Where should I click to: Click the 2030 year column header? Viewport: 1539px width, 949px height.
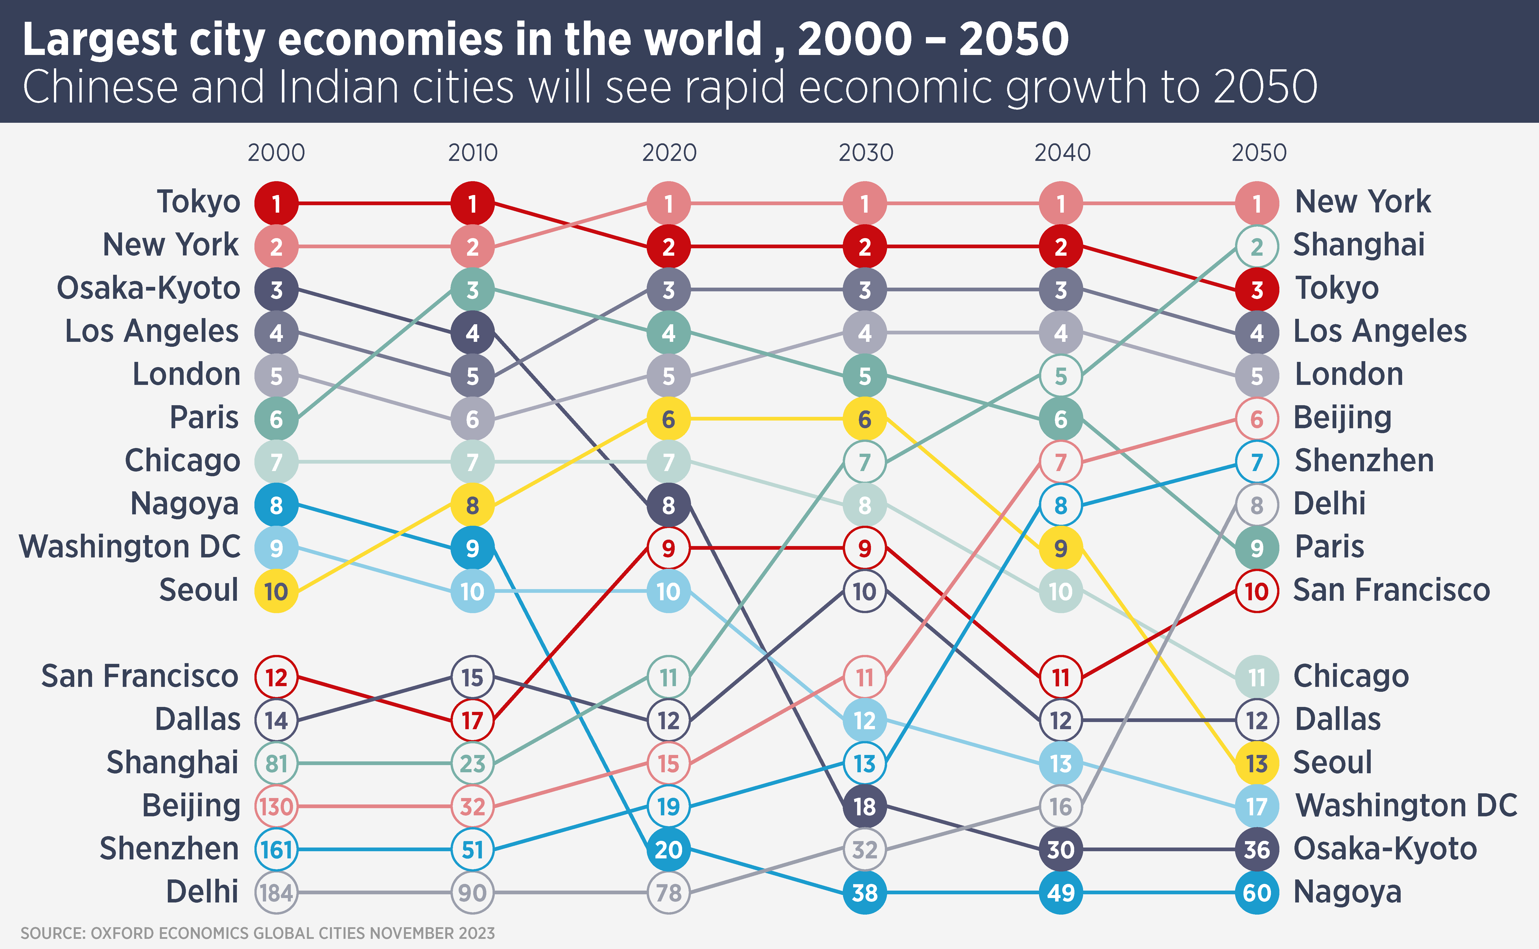[866, 152]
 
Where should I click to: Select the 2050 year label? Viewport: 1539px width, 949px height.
[1258, 152]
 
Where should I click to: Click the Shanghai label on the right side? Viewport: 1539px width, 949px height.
[1359, 245]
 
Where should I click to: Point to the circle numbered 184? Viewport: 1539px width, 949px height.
[276, 892]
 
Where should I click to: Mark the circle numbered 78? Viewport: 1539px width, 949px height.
[669, 892]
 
